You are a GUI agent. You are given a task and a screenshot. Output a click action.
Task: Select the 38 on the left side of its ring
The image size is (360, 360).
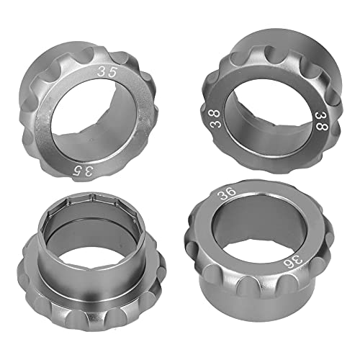(x=215, y=123)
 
